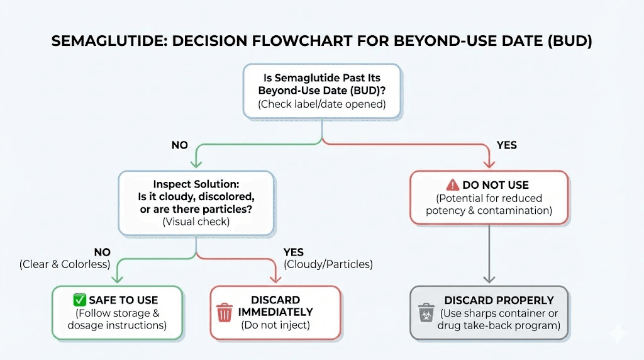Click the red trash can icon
[224, 312]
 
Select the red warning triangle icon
[452, 185]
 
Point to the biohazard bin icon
[425, 312]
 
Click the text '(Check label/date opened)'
[321, 104]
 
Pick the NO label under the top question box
[180, 145]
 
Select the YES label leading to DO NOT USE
[506, 145]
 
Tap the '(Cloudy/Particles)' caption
[328, 264]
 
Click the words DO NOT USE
[496, 185]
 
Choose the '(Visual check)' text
[196, 222]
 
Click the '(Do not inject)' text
[275, 325]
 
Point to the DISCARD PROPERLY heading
[499, 300]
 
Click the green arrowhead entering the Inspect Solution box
[196, 165]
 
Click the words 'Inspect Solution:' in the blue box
[196, 184]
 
